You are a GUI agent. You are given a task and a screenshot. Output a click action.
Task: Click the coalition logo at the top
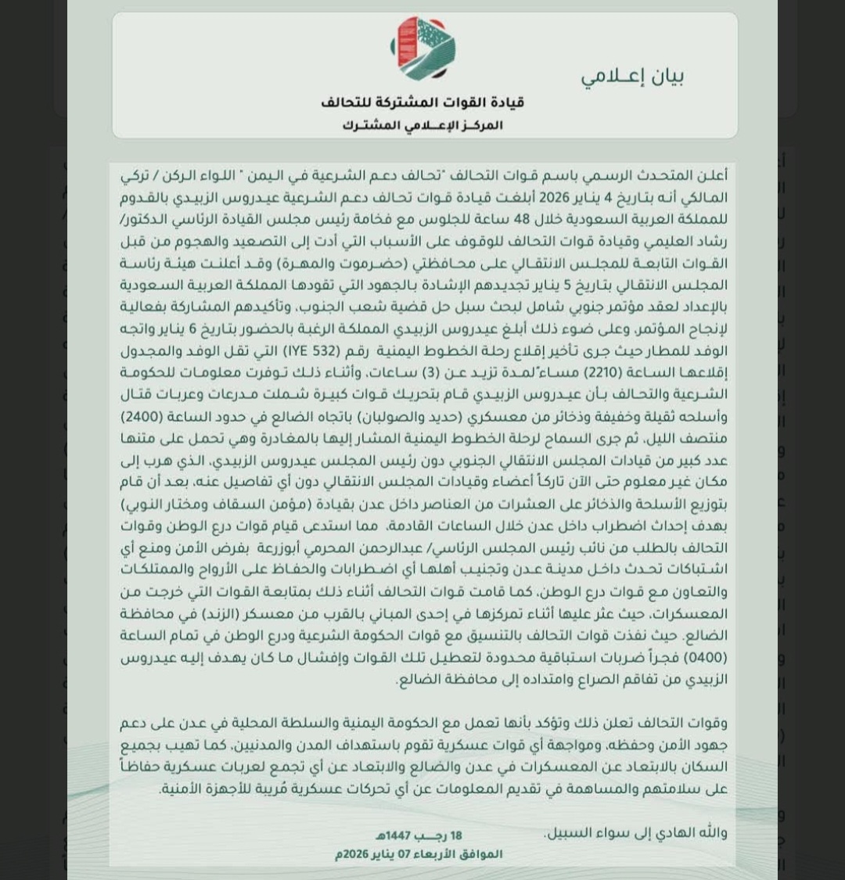(x=422, y=47)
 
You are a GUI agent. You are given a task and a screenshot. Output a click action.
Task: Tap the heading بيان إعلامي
(x=634, y=77)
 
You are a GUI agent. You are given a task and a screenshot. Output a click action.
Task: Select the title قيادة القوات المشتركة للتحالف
(x=422, y=102)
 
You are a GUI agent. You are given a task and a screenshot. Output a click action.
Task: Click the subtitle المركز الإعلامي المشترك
(x=422, y=125)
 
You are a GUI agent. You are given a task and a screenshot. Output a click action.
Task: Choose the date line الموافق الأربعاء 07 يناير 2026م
(x=419, y=853)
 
